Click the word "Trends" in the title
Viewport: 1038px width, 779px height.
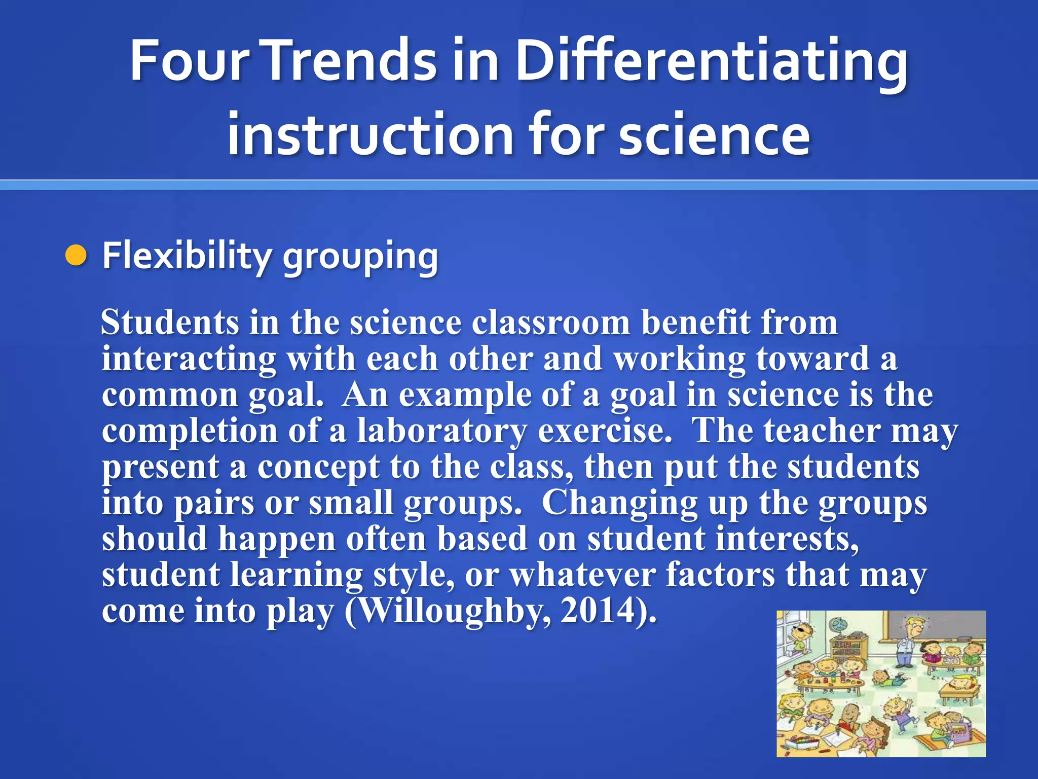(x=350, y=61)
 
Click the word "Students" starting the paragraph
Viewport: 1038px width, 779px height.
(x=170, y=323)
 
